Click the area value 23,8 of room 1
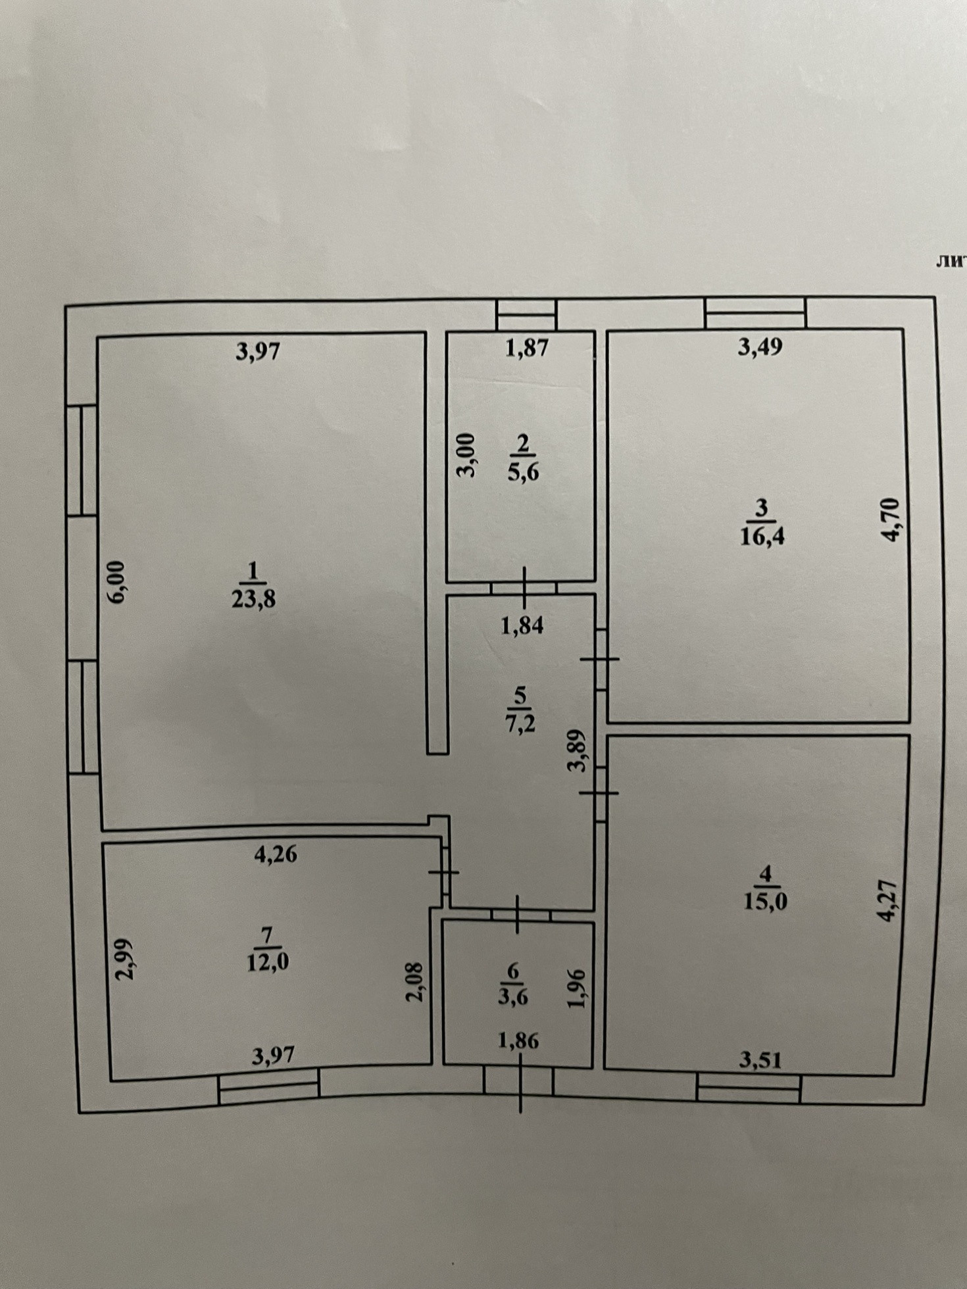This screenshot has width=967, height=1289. coord(253,599)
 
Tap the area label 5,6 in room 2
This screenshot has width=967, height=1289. coord(523,472)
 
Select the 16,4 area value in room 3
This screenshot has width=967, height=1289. coord(762,537)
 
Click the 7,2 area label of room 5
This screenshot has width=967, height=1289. coord(520,723)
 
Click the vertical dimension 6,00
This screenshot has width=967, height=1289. coord(116,581)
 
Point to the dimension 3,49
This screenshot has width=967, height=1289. coord(760,347)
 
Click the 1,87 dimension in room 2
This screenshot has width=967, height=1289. coord(526,347)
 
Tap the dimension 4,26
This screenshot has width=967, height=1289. coord(276,854)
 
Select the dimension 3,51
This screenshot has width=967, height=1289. coord(760,1059)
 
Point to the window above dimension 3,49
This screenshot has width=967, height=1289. coord(755,312)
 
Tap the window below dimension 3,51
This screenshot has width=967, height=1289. coord(749,1094)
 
